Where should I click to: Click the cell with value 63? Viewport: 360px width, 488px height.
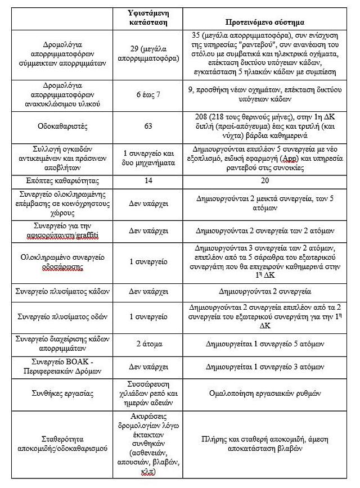148,126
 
